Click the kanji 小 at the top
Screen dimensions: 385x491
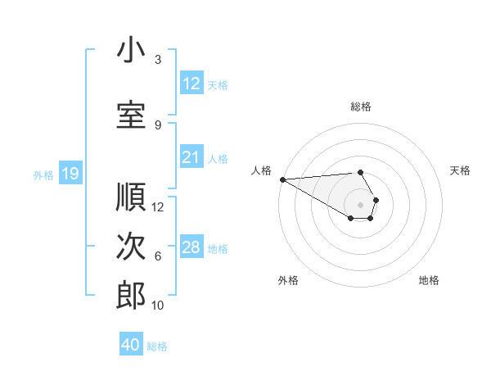pyautogui.click(x=131, y=50)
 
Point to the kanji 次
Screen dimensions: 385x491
pyautogui.click(x=131, y=247)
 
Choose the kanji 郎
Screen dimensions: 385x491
pyautogui.click(x=131, y=296)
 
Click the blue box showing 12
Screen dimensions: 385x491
pyautogui.click(x=191, y=84)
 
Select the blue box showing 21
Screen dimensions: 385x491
pyautogui.click(x=191, y=157)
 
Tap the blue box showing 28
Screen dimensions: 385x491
pyautogui.click(x=191, y=247)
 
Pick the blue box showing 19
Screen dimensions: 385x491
pyautogui.click(x=70, y=174)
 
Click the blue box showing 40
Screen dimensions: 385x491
pyautogui.click(x=131, y=345)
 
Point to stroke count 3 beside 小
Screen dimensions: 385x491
pyautogui.click(x=158, y=60)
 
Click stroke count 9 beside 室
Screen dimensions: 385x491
pyautogui.click(x=158, y=125)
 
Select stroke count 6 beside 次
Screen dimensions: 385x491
pyautogui.click(x=158, y=256)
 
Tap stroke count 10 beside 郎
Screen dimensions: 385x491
pyautogui.click(x=159, y=306)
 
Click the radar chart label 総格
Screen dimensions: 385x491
pyautogui.click(x=361, y=106)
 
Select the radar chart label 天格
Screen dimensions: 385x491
pyautogui.click(x=461, y=170)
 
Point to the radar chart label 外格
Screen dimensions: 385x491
pyautogui.click(x=288, y=280)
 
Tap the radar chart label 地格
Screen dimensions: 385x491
pyautogui.click(x=429, y=280)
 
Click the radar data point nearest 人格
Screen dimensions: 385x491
pyautogui.click(x=282, y=179)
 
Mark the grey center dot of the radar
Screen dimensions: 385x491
pyautogui.click(x=361, y=204)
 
